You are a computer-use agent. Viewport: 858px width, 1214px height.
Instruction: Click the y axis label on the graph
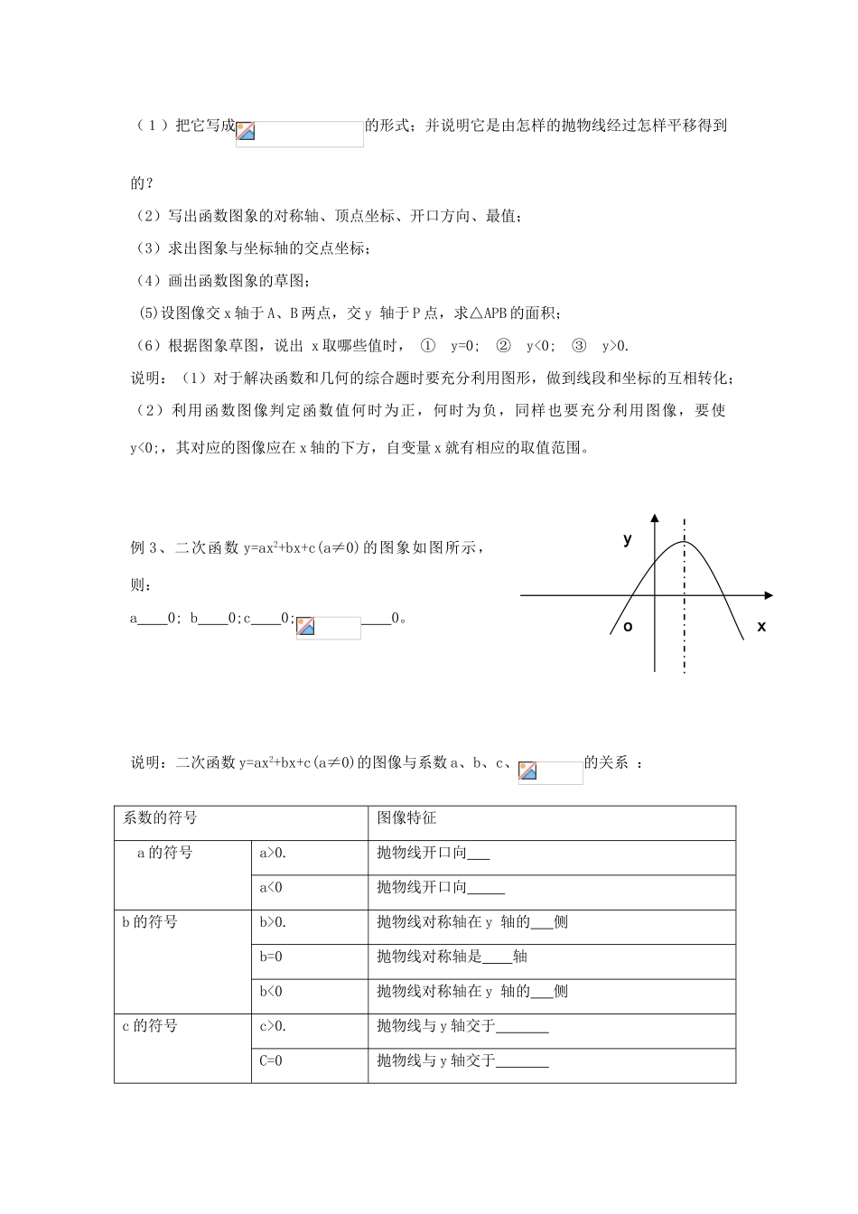628,539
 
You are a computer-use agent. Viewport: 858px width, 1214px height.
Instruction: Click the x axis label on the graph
761,626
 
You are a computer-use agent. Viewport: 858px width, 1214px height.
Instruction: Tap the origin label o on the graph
628,626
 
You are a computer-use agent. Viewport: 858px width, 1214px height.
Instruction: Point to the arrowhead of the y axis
655,518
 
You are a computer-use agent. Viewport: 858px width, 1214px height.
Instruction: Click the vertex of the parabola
684,542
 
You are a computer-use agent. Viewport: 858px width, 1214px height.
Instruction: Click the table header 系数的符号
160,817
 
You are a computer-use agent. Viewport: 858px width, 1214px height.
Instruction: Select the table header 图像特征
406,817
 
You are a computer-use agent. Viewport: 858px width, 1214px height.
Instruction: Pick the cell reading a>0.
273,852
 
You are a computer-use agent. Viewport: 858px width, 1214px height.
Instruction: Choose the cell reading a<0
271,887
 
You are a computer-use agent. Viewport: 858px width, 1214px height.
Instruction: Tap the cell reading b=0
271,957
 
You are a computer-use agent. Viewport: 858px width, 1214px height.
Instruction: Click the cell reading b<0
271,991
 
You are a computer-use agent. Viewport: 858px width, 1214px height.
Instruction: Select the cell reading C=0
271,1060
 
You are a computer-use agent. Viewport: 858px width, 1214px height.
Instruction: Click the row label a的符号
164,852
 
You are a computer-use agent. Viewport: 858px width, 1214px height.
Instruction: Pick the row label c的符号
150,1026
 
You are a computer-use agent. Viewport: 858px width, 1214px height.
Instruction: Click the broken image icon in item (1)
246,131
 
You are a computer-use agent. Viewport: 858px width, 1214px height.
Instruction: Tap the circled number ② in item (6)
504,345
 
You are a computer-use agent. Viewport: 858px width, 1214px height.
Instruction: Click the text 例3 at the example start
145,546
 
